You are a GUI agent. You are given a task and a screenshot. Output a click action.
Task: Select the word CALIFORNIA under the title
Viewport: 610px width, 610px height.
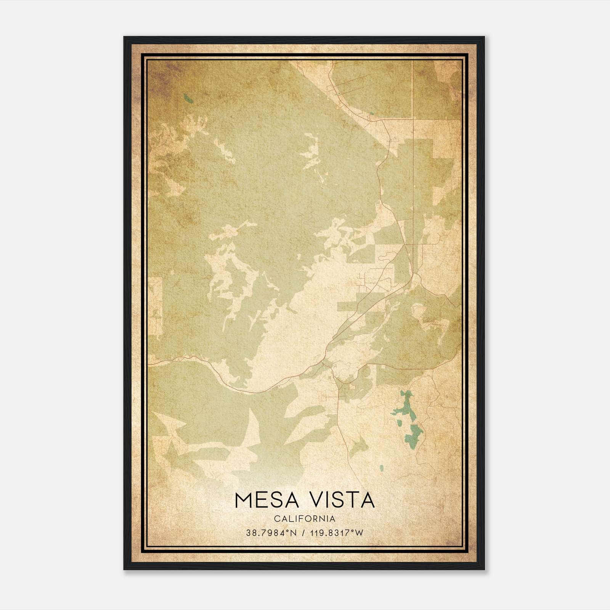click(305, 519)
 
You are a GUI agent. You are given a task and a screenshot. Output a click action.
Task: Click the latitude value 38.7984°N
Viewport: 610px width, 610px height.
click(271, 533)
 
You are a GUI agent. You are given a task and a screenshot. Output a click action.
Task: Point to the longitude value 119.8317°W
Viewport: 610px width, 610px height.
click(337, 533)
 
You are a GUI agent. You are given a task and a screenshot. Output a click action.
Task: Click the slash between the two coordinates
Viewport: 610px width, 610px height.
click(304, 533)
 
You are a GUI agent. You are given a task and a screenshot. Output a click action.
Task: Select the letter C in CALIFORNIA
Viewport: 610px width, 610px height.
click(276, 519)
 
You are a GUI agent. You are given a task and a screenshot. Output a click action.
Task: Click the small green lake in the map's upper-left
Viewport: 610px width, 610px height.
click(188, 99)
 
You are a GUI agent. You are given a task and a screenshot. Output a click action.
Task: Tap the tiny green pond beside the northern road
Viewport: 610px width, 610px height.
click(371, 113)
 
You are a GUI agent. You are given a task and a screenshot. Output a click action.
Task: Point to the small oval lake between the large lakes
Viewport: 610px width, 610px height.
click(400, 423)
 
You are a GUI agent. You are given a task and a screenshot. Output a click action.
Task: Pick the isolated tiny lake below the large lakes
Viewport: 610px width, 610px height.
click(381, 467)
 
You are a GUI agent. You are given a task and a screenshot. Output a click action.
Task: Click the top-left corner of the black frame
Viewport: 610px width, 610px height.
click(124, 37)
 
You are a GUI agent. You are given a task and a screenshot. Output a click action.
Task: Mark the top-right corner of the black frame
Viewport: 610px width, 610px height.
click(484, 37)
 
